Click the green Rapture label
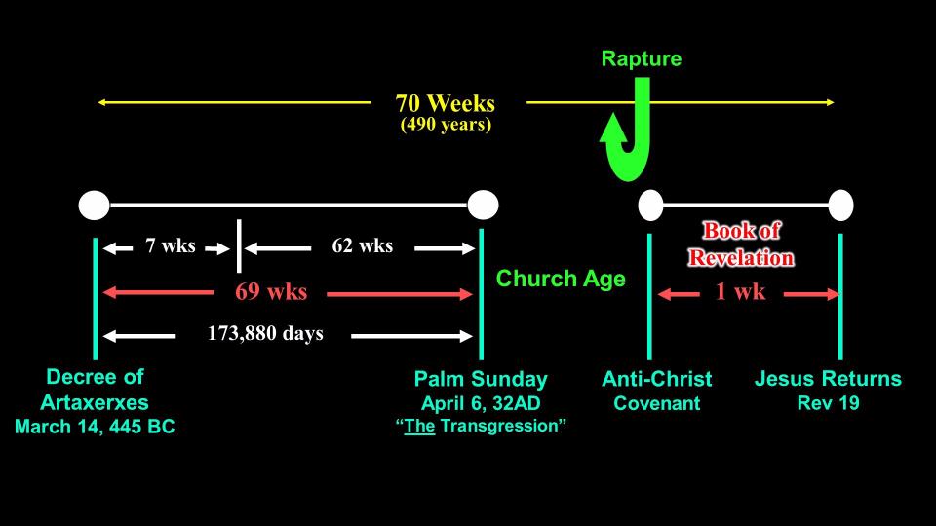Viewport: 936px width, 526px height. point(642,59)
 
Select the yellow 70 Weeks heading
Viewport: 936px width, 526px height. point(446,104)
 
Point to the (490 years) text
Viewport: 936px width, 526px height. point(446,125)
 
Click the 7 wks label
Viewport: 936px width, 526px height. point(171,245)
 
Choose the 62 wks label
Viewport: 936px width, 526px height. point(363,245)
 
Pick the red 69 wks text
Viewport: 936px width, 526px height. point(271,291)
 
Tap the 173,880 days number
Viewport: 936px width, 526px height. point(265,333)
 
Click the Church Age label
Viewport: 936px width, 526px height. point(562,280)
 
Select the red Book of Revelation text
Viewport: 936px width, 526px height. point(741,244)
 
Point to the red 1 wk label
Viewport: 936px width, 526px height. point(740,291)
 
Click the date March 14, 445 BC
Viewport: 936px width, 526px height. point(95,427)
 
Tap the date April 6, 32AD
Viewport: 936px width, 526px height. point(481,403)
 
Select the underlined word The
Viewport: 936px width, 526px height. point(419,426)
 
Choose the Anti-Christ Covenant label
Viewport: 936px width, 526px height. point(656,392)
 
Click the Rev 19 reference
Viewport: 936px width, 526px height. point(829,403)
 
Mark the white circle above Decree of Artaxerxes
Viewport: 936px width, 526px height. point(95,206)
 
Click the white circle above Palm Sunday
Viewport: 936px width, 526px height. point(483,206)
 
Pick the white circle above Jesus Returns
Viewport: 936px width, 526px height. point(840,206)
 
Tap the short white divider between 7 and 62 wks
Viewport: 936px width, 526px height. point(239,245)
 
